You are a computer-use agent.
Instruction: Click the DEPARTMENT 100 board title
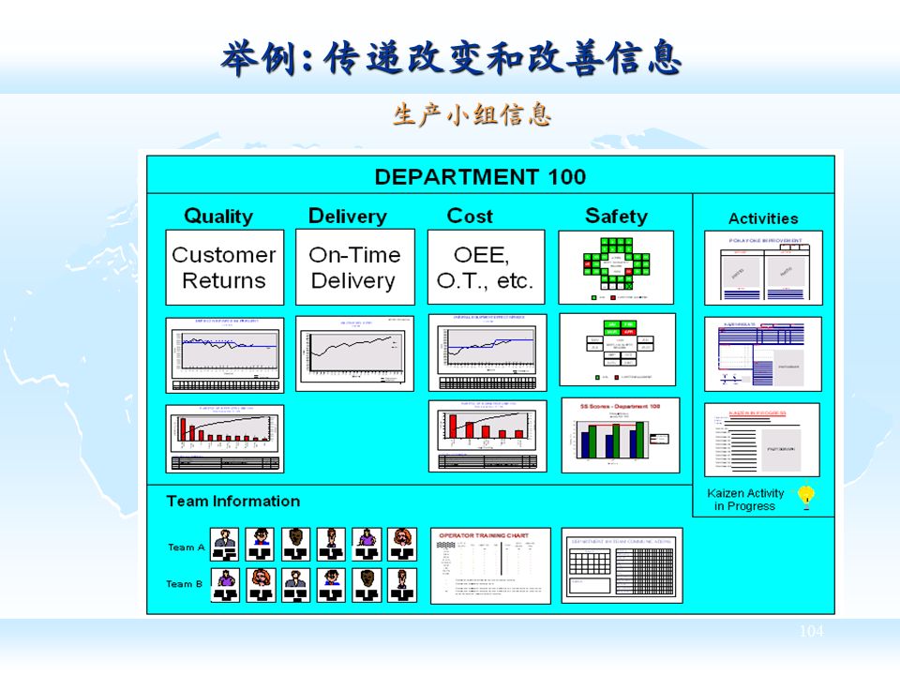480,176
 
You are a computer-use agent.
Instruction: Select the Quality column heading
218,217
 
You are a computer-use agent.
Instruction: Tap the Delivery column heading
348,217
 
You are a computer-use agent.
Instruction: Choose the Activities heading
763,218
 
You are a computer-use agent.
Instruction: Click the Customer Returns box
224,267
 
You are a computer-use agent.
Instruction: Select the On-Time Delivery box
354,267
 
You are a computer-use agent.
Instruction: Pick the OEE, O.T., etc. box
486,267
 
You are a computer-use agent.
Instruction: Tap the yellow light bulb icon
805,497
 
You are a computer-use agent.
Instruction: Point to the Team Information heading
232,502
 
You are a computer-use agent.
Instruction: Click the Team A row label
186,547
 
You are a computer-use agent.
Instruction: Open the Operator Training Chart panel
490,565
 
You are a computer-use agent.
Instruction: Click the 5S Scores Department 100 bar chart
620,435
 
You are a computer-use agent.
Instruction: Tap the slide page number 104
811,632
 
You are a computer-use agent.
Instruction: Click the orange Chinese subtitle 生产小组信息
472,115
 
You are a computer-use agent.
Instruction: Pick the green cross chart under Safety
616,267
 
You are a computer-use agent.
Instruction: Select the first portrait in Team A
224,545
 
